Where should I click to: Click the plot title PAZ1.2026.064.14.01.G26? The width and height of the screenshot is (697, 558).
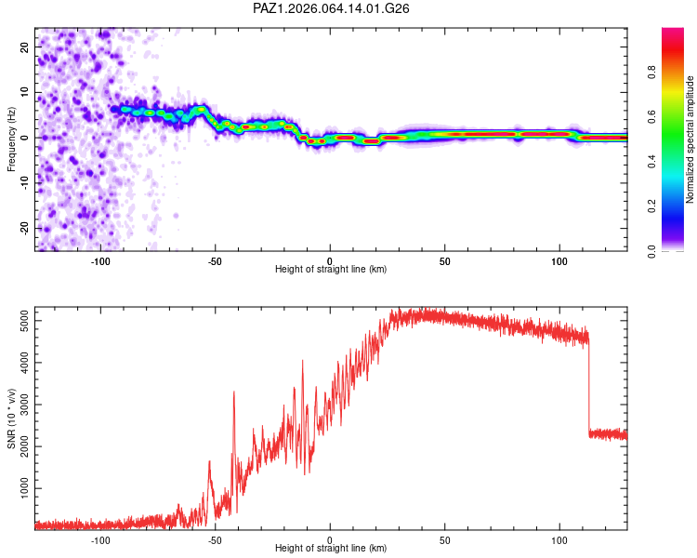pos(331,8)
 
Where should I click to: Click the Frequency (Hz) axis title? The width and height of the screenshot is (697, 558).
pos(11,139)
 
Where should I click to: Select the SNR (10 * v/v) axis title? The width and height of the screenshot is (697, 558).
pos(11,418)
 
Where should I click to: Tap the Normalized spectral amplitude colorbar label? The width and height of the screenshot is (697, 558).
pos(690,139)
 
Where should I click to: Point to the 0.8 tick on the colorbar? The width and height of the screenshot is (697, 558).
pos(651,72)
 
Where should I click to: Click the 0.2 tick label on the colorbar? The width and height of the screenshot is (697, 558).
pos(651,206)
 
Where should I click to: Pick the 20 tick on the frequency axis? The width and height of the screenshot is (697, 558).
pos(25,46)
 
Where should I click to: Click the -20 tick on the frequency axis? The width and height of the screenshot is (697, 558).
pos(25,229)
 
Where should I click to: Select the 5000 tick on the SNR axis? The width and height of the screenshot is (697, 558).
pos(25,321)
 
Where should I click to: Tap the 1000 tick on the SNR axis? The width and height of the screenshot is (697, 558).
pos(25,488)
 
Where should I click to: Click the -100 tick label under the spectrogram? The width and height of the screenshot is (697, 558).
pos(100,261)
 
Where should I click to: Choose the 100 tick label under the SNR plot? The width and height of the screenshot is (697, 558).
pos(559,540)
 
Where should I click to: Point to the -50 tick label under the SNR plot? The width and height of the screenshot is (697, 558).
pos(215,540)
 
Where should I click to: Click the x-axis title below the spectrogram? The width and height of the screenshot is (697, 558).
pos(331,269)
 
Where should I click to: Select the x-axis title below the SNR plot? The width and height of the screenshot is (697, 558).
pos(331,548)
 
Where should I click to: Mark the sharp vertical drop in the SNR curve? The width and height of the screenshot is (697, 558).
pos(589,387)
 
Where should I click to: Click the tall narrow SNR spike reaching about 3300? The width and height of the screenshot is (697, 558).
pos(234,427)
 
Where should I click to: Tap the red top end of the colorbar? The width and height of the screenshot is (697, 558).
pos(673,31)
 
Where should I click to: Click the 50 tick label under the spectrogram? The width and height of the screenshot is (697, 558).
pos(444,261)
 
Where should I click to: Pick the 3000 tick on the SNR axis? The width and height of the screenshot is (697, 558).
pos(25,405)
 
